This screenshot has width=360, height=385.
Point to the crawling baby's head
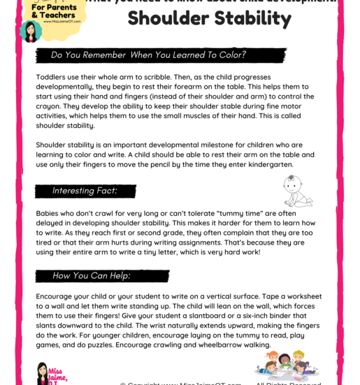[291, 183]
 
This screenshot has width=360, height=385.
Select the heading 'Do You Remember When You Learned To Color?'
[148, 55]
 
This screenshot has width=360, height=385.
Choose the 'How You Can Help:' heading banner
[91, 275]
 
